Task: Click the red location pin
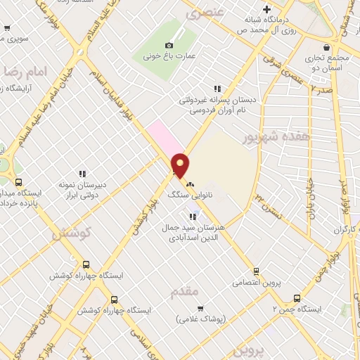[181, 165]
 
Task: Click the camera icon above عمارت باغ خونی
[169, 46]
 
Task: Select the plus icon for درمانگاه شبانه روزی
[266, 10]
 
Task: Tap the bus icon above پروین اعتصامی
[256, 271]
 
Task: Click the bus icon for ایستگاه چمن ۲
[297, 298]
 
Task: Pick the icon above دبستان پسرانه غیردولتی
[217, 89]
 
